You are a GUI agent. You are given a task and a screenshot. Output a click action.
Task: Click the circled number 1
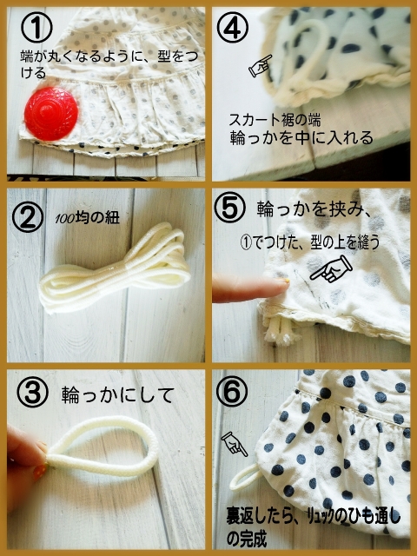click(x=36, y=27)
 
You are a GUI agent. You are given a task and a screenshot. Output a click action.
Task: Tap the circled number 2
click(x=28, y=216)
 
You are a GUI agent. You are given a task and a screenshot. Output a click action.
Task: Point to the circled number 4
click(x=233, y=27)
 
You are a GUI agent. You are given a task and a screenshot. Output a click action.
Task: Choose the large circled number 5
click(x=229, y=208)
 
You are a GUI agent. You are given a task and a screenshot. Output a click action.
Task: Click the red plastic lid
click(x=51, y=114)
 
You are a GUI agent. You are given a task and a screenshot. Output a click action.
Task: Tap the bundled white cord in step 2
click(x=114, y=268)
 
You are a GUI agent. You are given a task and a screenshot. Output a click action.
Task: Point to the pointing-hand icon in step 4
click(x=260, y=66)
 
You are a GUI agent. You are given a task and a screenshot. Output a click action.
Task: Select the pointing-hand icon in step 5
click(x=331, y=269)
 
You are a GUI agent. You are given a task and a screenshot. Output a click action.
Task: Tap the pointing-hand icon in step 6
click(x=234, y=444)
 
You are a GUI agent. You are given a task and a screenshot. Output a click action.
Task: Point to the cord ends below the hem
click(x=278, y=331)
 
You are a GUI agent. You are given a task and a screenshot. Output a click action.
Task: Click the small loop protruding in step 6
click(x=245, y=477)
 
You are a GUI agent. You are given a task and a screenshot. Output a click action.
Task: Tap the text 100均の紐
click(x=87, y=218)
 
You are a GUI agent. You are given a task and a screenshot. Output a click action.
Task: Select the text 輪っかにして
click(x=118, y=394)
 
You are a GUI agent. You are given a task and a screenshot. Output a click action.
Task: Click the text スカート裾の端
click(x=275, y=120)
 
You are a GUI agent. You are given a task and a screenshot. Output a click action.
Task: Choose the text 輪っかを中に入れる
click(x=301, y=138)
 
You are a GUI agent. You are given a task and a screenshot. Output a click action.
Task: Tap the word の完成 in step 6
click(x=247, y=539)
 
